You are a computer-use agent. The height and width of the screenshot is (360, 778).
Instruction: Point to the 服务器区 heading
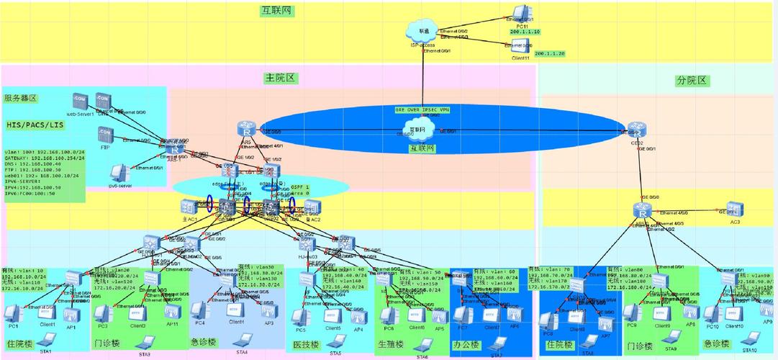[x=21, y=98]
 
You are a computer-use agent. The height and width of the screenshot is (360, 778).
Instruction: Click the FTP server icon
[x=105, y=135]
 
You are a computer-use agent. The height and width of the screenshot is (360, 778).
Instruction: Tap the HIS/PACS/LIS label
[x=34, y=125]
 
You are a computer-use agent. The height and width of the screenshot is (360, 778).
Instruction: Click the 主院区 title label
[x=281, y=78]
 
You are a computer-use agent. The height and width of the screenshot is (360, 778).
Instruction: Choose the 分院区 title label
[x=692, y=81]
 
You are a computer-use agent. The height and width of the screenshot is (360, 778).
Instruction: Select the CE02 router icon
[x=634, y=130]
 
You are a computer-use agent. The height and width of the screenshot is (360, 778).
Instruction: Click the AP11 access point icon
[x=171, y=312]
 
